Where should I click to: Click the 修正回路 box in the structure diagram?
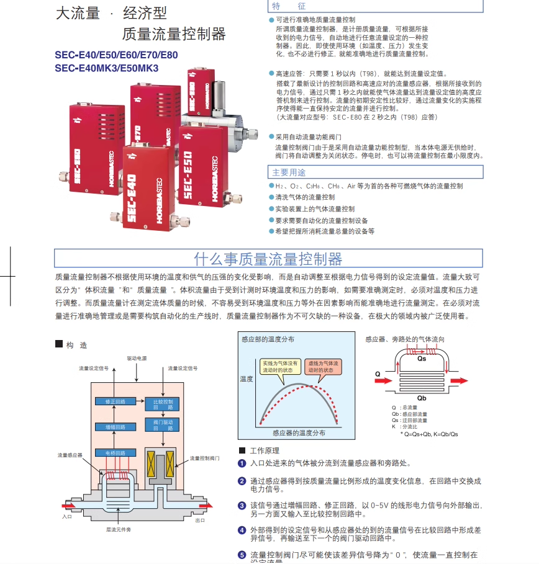coord(115,401)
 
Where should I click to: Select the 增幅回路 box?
coord(115,427)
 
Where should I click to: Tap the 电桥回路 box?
coord(115,452)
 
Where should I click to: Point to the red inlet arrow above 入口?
coord(68,504)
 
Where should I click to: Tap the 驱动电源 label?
coord(137,359)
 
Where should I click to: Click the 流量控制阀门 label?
coord(204,458)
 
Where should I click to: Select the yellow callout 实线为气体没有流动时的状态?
coord(280,366)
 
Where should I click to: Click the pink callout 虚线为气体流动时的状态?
coord(322,366)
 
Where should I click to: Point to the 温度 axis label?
coord(247,378)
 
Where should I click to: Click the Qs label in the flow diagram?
coord(422,359)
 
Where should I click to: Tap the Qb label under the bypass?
coord(422,398)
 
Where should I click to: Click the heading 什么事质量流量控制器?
coord(268,258)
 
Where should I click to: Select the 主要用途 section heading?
coord(289,172)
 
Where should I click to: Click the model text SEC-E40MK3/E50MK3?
coord(106,68)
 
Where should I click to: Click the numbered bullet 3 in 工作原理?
coord(242,506)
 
